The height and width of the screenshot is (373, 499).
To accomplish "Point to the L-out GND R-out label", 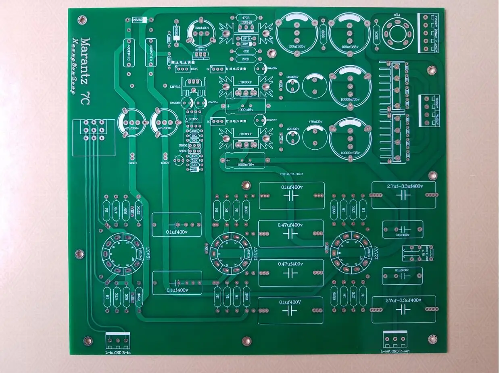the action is pyautogui.click(x=395, y=351).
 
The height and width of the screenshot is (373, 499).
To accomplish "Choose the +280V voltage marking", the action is pyautogui.click(x=165, y=163).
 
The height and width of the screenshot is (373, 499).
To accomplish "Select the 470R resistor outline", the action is pyautogui.click(x=246, y=18).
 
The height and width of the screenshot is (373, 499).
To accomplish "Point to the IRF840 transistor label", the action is pyautogui.click(x=246, y=23).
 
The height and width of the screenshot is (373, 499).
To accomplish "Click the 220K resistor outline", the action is pyautogui.click(x=194, y=131).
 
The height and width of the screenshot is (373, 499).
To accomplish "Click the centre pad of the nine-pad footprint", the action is pyautogui.click(x=94, y=130).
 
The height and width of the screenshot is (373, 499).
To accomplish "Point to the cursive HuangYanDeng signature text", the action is pyautogui.click(x=74, y=67).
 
